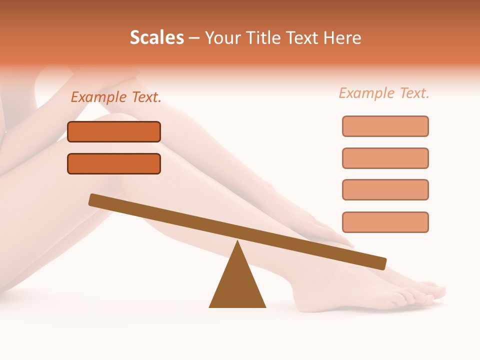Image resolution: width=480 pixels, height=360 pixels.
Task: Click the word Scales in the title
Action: click(x=156, y=38)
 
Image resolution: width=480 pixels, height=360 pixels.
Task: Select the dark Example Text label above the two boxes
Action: click(x=116, y=97)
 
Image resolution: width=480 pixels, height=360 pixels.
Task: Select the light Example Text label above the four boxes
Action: click(x=384, y=93)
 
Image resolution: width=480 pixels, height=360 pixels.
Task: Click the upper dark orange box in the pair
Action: click(x=114, y=132)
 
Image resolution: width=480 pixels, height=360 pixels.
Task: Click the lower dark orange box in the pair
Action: click(x=114, y=163)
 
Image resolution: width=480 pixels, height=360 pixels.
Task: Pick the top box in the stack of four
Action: click(x=385, y=126)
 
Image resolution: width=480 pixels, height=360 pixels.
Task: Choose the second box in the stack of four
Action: click(x=385, y=158)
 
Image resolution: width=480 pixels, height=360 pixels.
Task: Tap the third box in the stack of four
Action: click(x=385, y=190)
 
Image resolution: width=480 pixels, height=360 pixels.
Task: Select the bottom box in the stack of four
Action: click(x=385, y=222)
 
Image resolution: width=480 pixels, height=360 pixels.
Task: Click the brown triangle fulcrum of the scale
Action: click(x=237, y=285)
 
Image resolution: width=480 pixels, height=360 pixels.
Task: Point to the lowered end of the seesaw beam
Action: click(x=382, y=263)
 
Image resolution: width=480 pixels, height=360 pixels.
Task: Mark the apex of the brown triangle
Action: click(x=237, y=242)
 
